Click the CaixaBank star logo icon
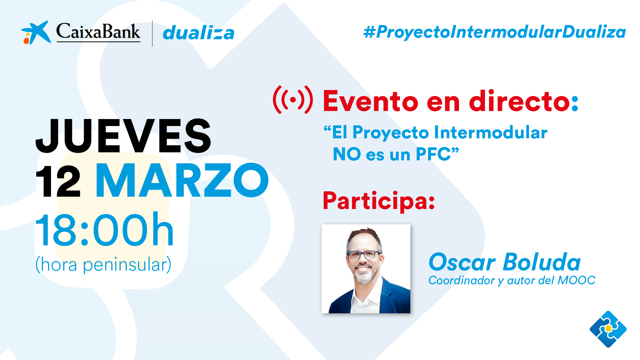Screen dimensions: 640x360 tap(36, 33)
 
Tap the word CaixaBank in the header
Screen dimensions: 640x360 tap(98, 32)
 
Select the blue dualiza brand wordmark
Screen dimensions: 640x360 tap(199, 33)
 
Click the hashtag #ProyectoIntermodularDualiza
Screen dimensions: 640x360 tap(495, 32)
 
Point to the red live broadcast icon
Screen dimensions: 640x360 tap(293, 100)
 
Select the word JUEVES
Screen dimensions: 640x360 tap(123, 136)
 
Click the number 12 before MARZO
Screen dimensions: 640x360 tap(58, 181)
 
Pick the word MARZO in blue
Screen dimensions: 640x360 tap(182, 180)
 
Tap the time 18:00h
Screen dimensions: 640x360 tap(105, 230)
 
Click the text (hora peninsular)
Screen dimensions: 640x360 tap(103, 265)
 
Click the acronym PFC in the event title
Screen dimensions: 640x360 tap(433, 154)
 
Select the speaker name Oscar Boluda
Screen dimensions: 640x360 tap(505, 262)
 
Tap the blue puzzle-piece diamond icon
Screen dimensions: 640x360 tap(608, 329)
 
